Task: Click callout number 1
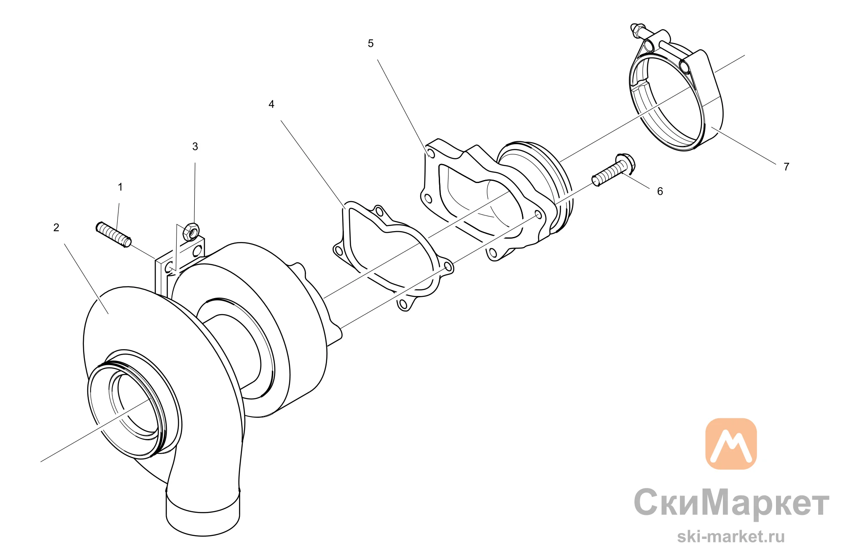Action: (x=120, y=187)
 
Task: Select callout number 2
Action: (x=56, y=228)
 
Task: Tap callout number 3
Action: (x=195, y=147)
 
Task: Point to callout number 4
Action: (x=271, y=104)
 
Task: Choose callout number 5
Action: (x=371, y=43)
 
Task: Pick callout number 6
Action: (x=660, y=191)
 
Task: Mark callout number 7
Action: (x=787, y=167)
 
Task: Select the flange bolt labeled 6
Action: (x=614, y=170)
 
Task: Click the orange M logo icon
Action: (x=731, y=444)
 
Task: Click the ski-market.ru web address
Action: (x=731, y=536)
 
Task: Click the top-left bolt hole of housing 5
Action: (x=430, y=153)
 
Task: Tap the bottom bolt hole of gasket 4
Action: (x=403, y=304)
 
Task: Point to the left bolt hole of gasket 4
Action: (x=338, y=251)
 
